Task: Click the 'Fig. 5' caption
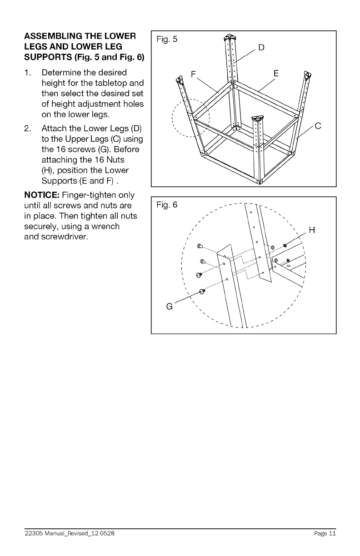pos(166,39)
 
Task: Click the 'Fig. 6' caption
pos(166,206)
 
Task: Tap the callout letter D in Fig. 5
pos(261,48)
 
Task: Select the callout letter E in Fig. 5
pos(277,74)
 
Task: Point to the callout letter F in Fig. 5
pos(194,74)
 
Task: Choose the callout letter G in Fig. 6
pos(170,307)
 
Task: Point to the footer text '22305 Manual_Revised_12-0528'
pos(66,534)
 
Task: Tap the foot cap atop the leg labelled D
pos(230,37)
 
